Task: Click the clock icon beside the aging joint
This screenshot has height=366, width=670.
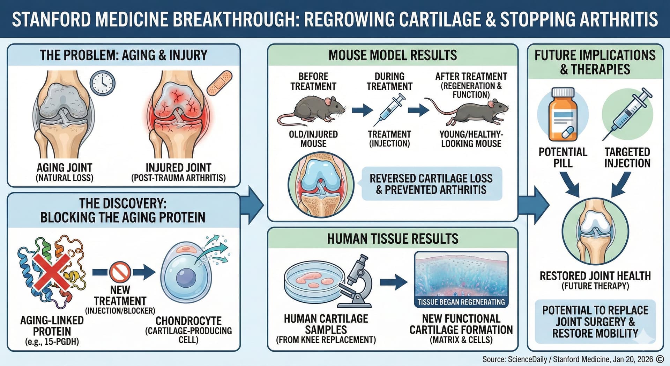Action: tap(102, 83)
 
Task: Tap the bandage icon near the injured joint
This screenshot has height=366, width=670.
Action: tap(219, 83)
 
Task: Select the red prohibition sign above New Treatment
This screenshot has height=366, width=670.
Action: tap(120, 272)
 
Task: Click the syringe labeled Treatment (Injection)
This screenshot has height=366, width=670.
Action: tap(389, 110)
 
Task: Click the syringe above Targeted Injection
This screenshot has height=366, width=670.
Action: tap(627, 113)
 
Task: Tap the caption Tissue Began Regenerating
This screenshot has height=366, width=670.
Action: tap(461, 302)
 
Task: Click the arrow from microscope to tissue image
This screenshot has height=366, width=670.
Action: tap(394, 282)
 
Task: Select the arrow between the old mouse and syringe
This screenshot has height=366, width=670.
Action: tap(362, 110)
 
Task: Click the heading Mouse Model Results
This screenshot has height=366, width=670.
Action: tap(393, 55)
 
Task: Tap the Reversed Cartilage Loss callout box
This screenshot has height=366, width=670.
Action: tap(431, 184)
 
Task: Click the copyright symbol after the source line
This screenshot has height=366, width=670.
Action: tap(660, 359)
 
